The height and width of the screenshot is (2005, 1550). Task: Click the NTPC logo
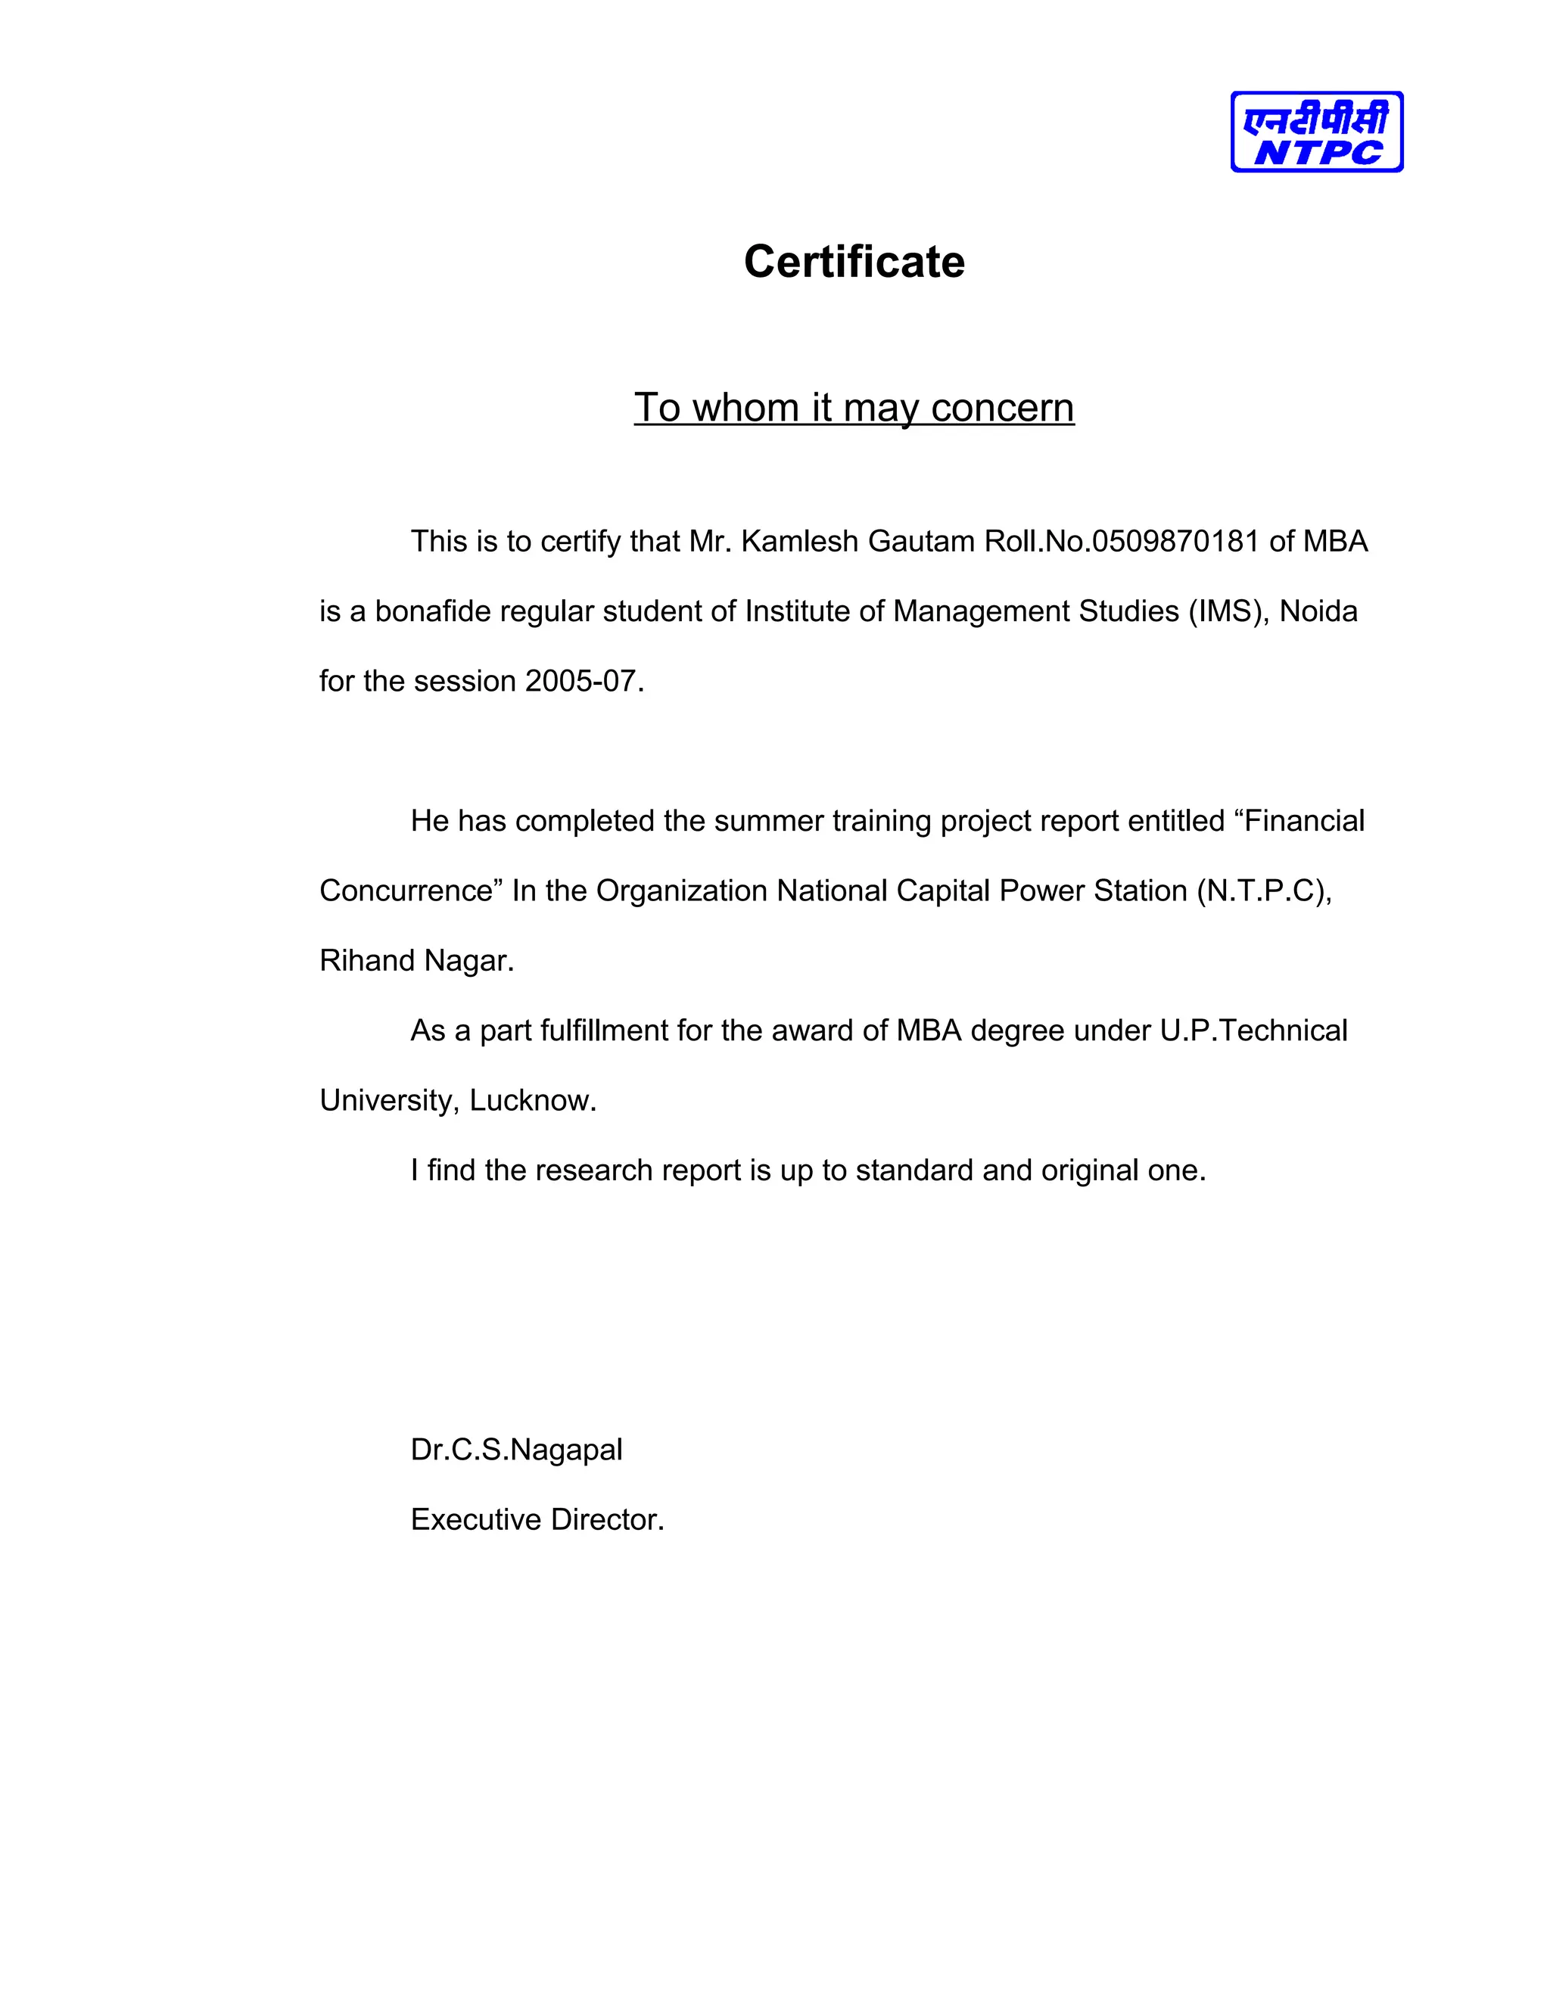(x=1316, y=132)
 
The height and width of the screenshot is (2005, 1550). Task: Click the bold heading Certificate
(x=854, y=263)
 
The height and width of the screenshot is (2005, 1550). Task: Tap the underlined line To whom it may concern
(x=854, y=409)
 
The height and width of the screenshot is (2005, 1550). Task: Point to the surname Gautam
(x=921, y=542)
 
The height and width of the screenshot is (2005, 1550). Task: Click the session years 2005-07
(x=580, y=681)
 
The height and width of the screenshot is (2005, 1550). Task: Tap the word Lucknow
(x=533, y=1100)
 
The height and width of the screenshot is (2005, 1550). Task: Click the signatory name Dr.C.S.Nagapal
(x=516, y=1450)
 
